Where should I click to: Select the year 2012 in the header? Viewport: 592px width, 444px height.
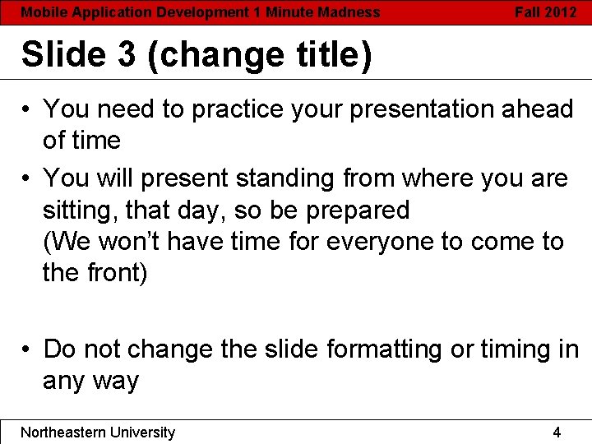[x=561, y=12]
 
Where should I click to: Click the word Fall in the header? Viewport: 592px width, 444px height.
[x=528, y=12]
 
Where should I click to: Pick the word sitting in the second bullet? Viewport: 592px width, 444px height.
[x=80, y=210]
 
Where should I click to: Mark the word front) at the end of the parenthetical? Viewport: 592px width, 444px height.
[x=115, y=273]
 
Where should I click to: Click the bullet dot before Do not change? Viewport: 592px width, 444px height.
[x=27, y=350]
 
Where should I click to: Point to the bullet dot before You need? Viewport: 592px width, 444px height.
[x=27, y=109]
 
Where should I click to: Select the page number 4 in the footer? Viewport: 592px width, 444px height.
[x=557, y=432]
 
